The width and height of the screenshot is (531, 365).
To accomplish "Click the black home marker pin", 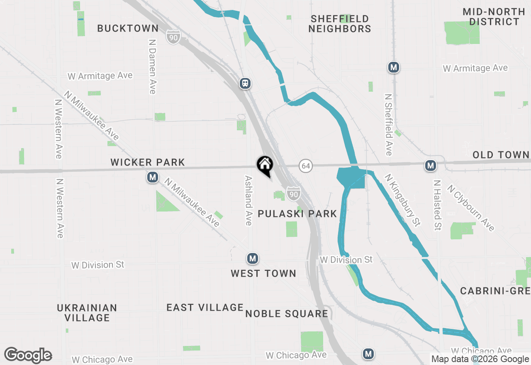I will pyautogui.click(x=265, y=165).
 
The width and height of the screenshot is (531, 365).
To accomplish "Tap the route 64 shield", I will pyautogui.click(x=306, y=166).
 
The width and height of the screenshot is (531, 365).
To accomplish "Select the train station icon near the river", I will pyautogui.click(x=245, y=83).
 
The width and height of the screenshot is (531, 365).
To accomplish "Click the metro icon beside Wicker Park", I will pyautogui.click(x=153, y=178).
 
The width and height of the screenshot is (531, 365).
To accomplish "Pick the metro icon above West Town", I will pyautogui.click(x=252, y=259).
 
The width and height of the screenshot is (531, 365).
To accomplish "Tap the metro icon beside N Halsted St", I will pyautogui.click(x=431, y=166).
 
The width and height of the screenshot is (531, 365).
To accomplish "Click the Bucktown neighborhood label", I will pyautogui.click(x=128, y=28).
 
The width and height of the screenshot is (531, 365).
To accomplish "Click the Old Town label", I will pyautogui.click(x=501, y=155).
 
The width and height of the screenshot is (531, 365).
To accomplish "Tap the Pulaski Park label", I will pyautogui.click(x=297, y=214).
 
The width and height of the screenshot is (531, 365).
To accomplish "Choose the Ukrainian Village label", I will pyautogui.click(x=87, y=313).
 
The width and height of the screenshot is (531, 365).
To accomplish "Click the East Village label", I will pyautogui.click(x=205, y=307).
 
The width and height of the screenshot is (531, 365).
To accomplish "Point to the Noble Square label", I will pyautogui.click(x=287, y=314).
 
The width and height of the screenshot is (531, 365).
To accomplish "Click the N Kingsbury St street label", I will pyautogui.click(x=402, y=200).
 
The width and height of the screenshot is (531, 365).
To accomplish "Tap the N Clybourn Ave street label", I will pyautogui.click(x=471, y=208).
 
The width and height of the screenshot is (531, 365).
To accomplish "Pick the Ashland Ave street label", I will pyautogui.click(x=248, y=200).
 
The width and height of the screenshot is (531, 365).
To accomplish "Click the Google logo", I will pyautogui.click(x=28, y=355).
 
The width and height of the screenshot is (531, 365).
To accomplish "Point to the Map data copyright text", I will pyautogui.click(x=480, y=359).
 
